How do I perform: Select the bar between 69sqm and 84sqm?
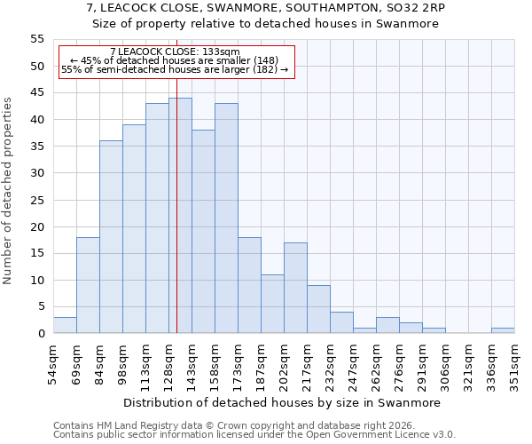point(88,285)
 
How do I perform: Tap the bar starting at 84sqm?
point(111,237)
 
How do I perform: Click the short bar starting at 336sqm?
point(503,330)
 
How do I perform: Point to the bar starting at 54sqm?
point(65,325)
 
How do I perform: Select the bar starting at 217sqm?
point(318,309)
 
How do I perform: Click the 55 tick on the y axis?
point(37,39)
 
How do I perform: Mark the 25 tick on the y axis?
point(37,200)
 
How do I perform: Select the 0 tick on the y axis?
point(41,334)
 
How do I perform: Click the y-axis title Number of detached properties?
point(9,190)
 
